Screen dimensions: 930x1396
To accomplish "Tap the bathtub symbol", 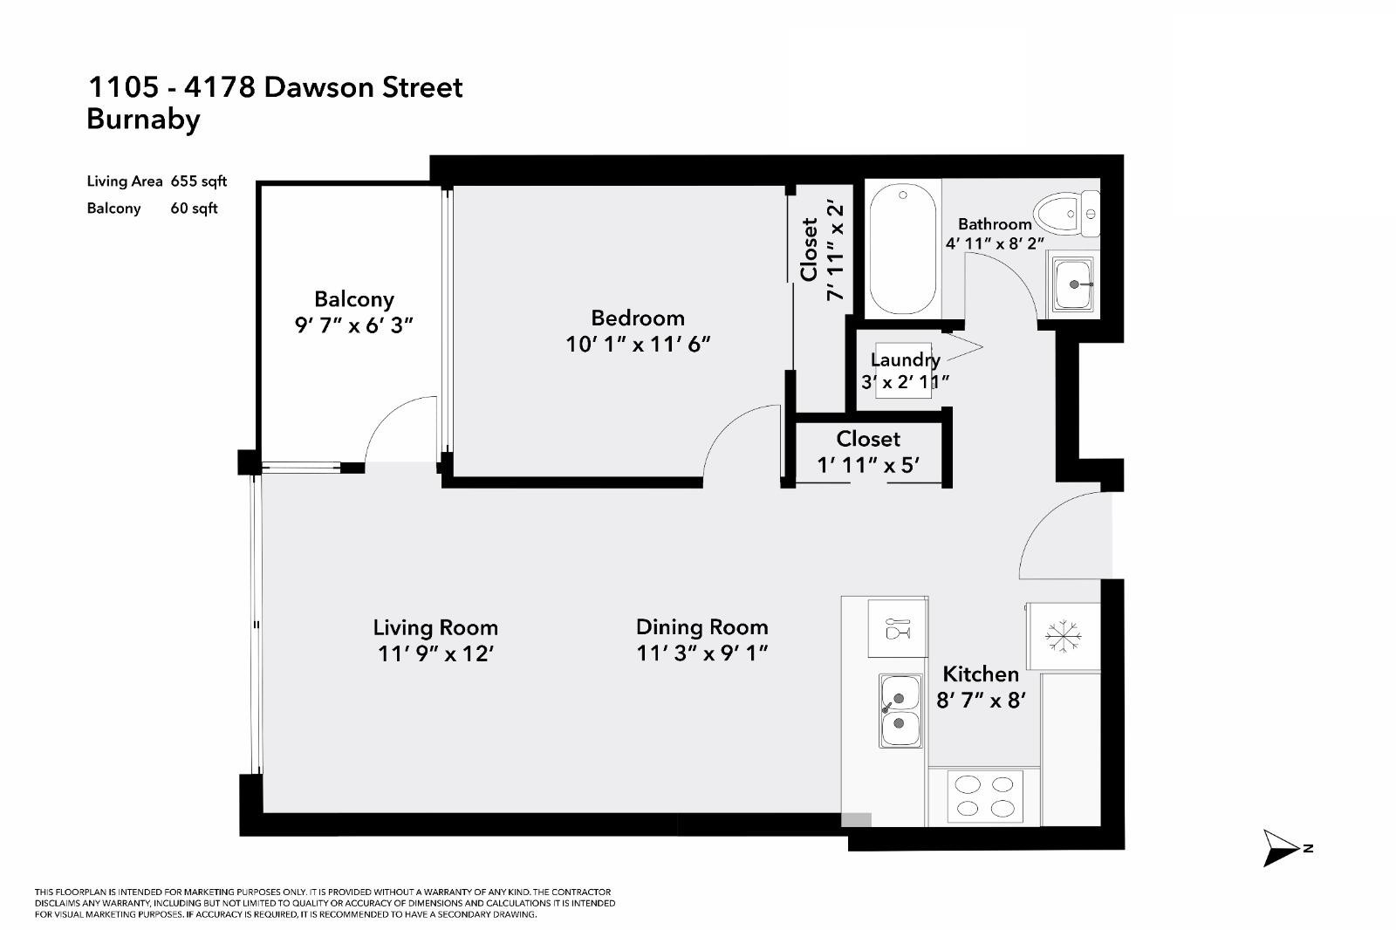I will point(903,251).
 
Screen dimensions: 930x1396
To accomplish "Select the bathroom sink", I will point(1073,284).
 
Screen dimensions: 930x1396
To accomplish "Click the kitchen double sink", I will point(900,710).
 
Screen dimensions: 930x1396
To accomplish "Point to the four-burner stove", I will point(984,796).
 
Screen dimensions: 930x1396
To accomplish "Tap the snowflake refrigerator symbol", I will point(1063,635).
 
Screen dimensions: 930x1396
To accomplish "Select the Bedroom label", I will point(638,318).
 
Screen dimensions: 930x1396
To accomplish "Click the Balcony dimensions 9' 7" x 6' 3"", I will point(353,325).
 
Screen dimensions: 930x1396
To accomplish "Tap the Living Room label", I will point(435,627).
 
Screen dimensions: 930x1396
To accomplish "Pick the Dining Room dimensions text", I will point(701,653).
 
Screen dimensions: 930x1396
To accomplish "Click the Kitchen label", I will point(981,674).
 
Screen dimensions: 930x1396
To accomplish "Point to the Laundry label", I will point(905,359).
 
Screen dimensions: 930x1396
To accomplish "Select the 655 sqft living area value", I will point(199,181).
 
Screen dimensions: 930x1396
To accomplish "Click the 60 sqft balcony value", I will point(194,208).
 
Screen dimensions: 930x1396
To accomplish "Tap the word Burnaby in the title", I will point(143,119).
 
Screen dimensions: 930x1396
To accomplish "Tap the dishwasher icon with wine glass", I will point(897,628).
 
